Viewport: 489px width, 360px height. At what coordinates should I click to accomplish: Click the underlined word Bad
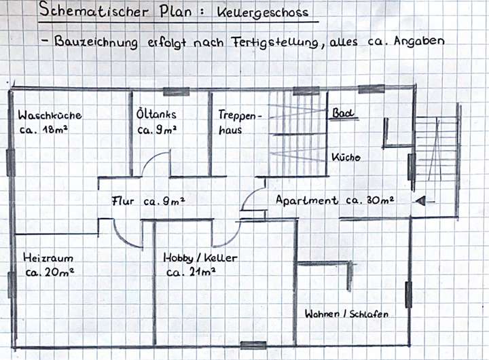[343, 113]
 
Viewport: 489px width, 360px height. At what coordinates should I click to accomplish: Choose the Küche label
[346, 158]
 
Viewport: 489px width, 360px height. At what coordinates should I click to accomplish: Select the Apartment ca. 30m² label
[335, 200]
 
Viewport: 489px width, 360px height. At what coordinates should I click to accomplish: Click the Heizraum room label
[48, 259]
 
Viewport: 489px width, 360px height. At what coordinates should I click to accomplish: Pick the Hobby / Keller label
[200, 258]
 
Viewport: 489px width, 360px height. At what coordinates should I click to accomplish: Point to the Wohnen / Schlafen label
[346, 314]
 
